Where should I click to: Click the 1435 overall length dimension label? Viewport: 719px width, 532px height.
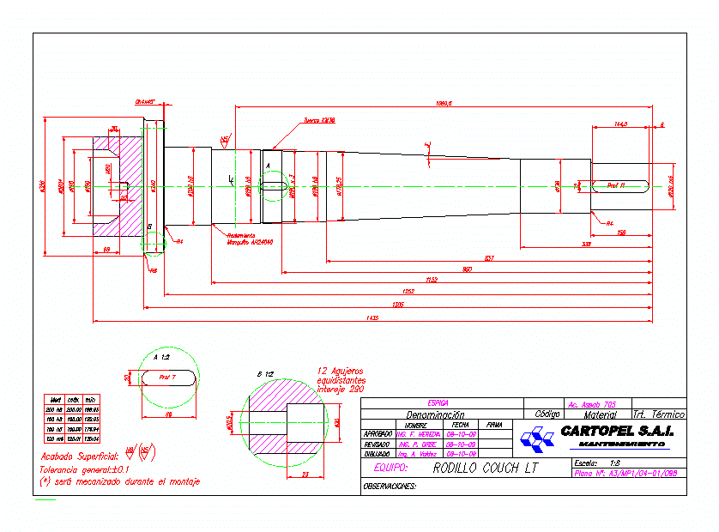(372, 318)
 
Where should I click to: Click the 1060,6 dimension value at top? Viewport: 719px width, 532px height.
(443, 104)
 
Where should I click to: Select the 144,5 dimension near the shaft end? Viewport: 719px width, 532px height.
(620, 124)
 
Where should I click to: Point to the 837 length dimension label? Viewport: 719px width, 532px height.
(489, 258)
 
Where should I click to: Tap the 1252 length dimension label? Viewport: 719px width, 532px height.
(408, 292)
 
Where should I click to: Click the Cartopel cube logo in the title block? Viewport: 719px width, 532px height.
(537, 439)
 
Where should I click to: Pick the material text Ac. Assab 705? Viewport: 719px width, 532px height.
(592, 403)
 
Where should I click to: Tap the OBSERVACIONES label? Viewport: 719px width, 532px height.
(390, 486)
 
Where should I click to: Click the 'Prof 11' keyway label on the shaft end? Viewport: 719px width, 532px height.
(615, 184)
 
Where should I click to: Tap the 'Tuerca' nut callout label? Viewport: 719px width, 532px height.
(318, 121)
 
